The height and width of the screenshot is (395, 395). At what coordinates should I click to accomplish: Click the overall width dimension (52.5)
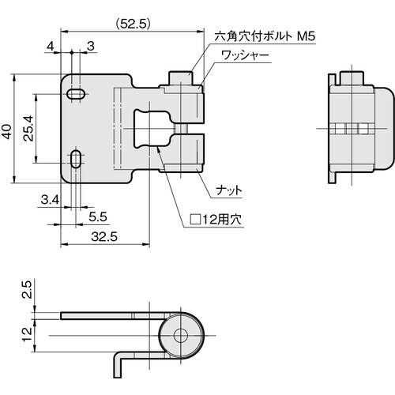coord(130,24)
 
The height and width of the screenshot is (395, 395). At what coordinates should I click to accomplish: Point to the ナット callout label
coord(229,190)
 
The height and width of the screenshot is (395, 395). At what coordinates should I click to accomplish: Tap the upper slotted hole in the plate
coord(76,95)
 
